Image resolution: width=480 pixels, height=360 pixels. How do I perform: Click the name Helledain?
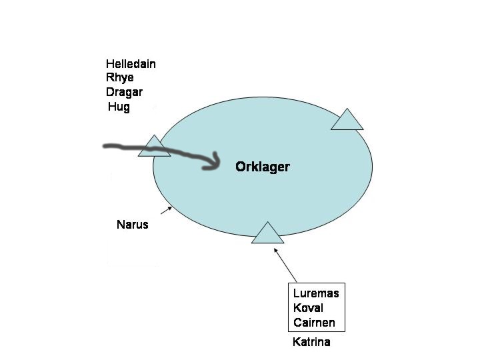point(131,64)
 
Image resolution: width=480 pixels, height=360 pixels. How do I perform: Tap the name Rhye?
point(119,78)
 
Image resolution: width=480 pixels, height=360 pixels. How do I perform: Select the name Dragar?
point(124,92)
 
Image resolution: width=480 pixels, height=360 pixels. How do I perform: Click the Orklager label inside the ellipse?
point(263,167)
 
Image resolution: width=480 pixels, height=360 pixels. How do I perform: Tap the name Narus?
point(132,225)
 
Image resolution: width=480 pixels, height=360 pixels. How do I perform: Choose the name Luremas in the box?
point(316,293)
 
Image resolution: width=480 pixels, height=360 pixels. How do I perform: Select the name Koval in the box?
point(308,308)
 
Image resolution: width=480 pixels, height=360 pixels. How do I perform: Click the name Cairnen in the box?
point(314,323)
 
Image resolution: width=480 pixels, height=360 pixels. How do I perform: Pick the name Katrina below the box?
point(311,343)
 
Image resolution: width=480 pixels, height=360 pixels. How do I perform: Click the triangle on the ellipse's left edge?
point(154,147)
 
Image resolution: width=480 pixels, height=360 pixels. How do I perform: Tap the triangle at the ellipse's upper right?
point(347,121)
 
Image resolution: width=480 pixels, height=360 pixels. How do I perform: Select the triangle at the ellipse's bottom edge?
point(267,234)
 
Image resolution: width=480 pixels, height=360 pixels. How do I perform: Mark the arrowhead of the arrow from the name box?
point(276,251)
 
